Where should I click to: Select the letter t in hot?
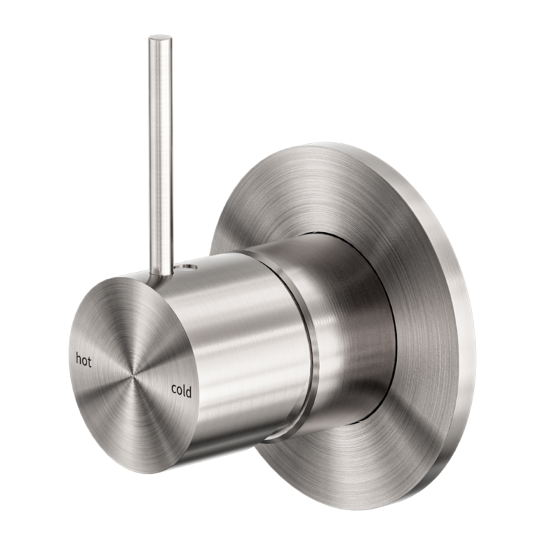click(90, 361)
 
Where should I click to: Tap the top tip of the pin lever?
click(158, 40)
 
